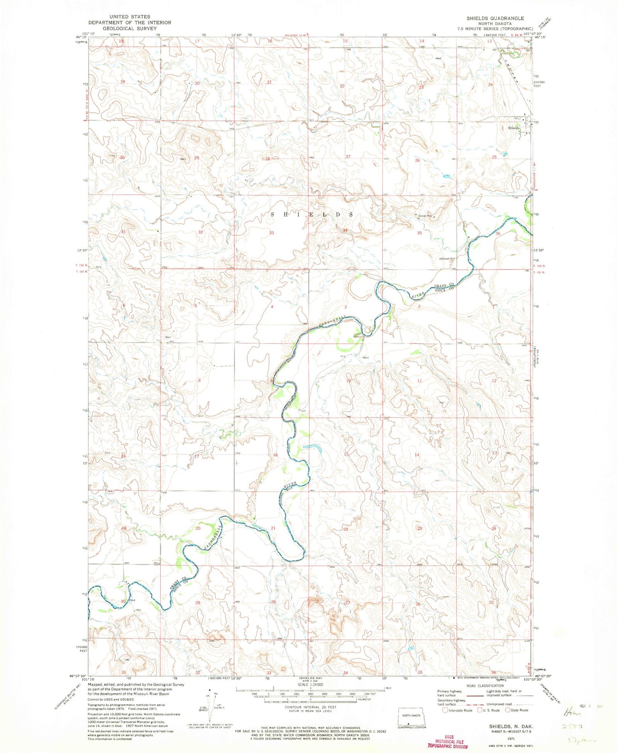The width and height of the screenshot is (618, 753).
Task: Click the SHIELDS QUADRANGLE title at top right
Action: [489, 19]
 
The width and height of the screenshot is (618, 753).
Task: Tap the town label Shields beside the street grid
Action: [513, 128]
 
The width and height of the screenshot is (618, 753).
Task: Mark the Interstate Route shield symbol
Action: [445, 710]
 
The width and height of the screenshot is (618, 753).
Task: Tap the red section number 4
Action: [272, 307]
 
